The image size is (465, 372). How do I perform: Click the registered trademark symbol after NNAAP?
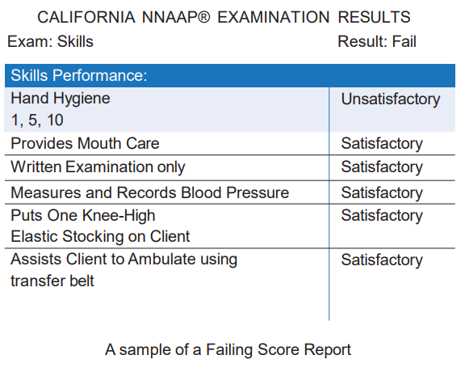click(203, 17)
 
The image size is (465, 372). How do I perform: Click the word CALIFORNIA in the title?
click(86, 17)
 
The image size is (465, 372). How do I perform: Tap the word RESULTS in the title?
click(375, 17)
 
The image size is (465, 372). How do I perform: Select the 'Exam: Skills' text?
click(50, 41)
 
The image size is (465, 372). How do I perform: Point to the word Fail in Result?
click(404, 41)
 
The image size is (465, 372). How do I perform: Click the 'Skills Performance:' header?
click(79, 75)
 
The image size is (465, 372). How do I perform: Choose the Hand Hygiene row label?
click(61, 99)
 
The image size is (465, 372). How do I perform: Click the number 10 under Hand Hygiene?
click(55, 120)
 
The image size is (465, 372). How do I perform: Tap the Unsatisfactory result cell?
click(391, 99)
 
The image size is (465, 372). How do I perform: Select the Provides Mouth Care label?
click(85, 143)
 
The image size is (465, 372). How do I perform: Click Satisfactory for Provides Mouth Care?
click(382, 144)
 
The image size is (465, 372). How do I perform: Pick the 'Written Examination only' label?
click(98, 167)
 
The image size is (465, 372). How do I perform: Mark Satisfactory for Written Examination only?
click(382, 167)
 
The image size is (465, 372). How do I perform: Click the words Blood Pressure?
click(235, 192)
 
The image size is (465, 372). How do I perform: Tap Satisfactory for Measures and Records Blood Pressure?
click(382, 192)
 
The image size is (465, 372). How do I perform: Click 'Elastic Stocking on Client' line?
click(100, 237)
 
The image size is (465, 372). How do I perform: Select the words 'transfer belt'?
click(52, 281)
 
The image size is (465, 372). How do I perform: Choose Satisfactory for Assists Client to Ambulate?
click(382, 260)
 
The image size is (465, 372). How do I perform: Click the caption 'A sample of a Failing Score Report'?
click(228, 349)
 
